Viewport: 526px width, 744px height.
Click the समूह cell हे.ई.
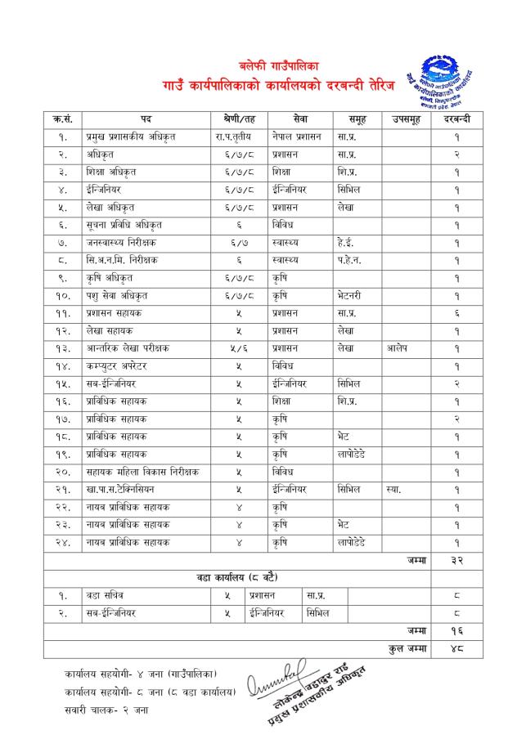pyautogui.click(x=348, y=242)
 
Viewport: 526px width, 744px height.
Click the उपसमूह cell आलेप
pyautogui.click(x=397, y=347)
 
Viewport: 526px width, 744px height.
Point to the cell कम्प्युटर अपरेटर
pyautogui.click(x=123, y=365)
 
